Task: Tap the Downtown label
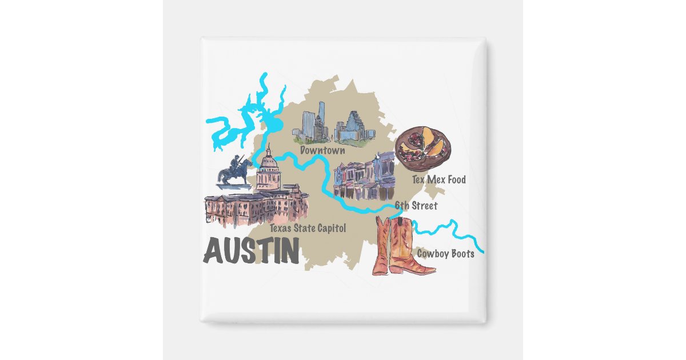[323, 151]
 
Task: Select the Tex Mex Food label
[438, 180]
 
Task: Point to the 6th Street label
[416, 206]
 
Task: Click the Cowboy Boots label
[445, 254]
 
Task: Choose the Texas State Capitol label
[308, 229]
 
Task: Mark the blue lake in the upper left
[240, 123]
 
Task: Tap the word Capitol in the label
[330, 229]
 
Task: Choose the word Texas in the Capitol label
[282, 229]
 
